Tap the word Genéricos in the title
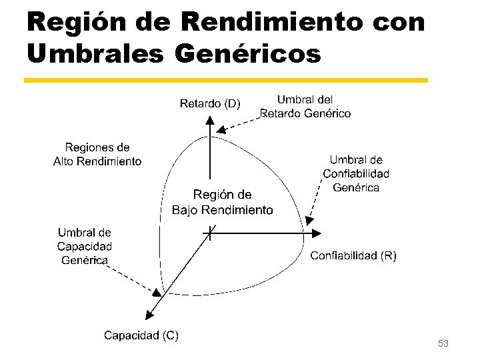coord(247,54)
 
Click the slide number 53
coord(443,343)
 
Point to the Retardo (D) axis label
coord(210,103)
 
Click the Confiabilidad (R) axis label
coord(353,255)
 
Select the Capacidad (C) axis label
coord(141,335)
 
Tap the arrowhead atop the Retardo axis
coord(210,121)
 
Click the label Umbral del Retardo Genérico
coord(305,107)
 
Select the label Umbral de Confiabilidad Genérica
coord(356,173)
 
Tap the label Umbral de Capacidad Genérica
coord(84,247)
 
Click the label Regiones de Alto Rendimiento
coord(97,154)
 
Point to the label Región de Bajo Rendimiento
coord(222,202)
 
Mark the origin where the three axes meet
coord(210,233)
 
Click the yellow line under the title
coord(225,80)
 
